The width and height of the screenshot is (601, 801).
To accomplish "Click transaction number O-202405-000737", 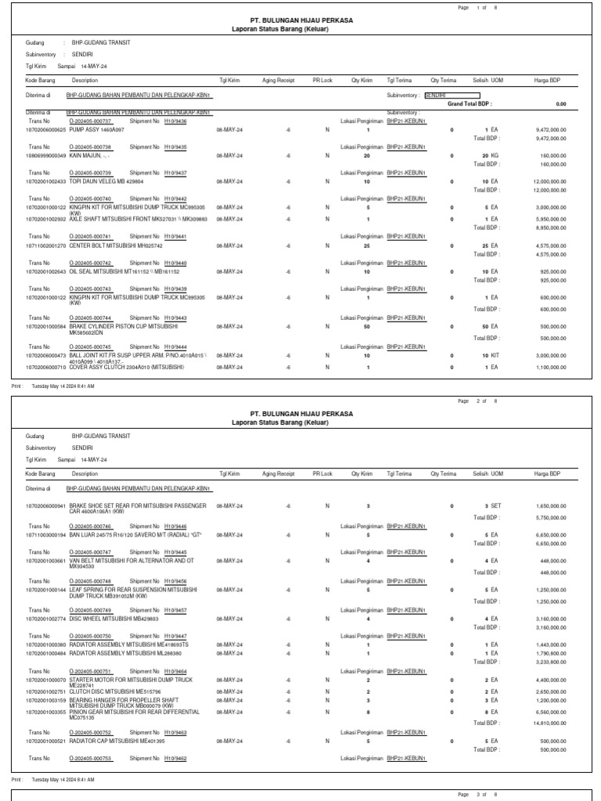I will point(91,121).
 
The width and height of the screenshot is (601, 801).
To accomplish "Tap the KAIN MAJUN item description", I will point(92,156).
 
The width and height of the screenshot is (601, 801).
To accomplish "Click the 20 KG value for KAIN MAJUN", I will point(489,156).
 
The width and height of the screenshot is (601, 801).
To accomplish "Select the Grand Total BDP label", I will point(470,103).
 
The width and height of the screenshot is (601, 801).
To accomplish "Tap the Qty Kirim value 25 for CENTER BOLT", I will point(367,246).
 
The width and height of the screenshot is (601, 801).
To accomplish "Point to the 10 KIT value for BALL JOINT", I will point(490,355).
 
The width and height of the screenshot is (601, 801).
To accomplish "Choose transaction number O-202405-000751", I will point(91,671).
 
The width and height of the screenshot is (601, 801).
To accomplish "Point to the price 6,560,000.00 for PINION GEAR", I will point(551,712).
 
